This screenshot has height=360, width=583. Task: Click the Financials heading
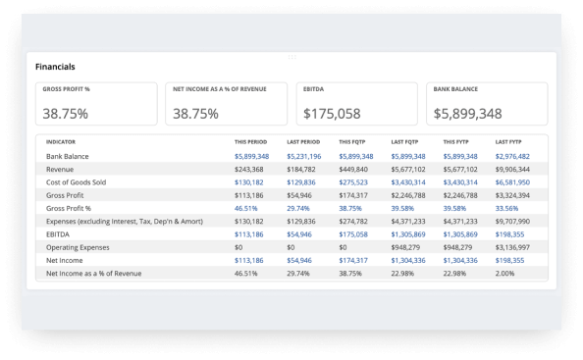pos(55,67)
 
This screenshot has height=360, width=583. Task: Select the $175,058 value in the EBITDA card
pos(332,113)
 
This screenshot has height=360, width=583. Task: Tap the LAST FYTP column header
pos(508,142)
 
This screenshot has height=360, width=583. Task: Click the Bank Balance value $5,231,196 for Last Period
pos(303,156)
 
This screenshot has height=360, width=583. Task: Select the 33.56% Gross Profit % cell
pos(508,208)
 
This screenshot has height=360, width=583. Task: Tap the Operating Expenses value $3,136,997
pos(512,248)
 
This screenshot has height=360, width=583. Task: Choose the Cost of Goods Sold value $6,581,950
pos(512,181)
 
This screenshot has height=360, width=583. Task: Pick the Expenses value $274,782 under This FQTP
pos(355,222)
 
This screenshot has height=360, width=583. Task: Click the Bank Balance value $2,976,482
pos(512,156)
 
